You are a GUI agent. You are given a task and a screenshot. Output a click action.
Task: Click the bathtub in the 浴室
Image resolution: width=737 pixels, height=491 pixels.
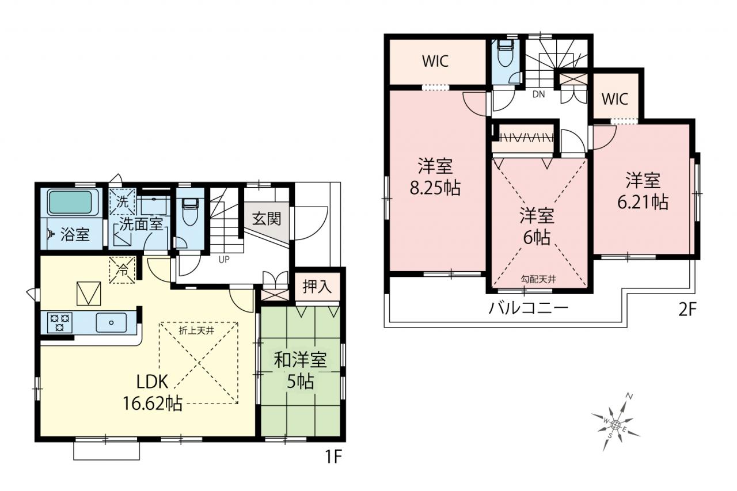coord(70,203)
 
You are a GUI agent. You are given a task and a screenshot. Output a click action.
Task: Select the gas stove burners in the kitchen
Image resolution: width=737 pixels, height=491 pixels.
coord(60,322)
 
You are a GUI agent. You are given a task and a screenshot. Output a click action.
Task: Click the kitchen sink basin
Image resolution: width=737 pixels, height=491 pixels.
coord(111,322)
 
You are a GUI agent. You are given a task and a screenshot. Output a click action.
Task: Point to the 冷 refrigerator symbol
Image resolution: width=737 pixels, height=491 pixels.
coord(123,270)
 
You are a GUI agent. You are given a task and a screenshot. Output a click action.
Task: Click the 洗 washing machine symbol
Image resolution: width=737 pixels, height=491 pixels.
coord(123,201)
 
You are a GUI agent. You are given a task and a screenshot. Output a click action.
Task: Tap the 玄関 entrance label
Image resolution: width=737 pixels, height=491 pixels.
coord(267,219)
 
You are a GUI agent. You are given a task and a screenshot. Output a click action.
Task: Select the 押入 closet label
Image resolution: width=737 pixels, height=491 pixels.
coord(317,287)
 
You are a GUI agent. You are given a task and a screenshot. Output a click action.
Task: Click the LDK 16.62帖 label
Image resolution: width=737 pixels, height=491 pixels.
coord(153,393)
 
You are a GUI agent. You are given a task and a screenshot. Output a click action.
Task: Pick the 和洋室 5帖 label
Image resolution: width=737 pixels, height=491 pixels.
coord(301,370)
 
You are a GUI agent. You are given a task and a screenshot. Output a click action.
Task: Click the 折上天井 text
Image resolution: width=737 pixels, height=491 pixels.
coord(196,331)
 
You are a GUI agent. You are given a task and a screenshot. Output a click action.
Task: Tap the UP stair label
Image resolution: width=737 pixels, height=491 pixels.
coord(224,260)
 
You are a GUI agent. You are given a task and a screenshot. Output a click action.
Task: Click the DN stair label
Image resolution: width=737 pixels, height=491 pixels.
coord(538,94)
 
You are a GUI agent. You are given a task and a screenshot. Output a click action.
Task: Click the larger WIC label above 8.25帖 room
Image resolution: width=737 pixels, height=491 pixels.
coord(435,61)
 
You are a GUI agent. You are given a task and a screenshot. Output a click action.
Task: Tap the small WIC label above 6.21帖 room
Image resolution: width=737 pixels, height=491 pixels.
coord(615,98)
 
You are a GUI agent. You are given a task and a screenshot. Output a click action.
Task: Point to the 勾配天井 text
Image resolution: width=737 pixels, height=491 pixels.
coord(538,280)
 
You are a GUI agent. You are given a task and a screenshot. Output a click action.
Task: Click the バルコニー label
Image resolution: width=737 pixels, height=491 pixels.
coord(529,309)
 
